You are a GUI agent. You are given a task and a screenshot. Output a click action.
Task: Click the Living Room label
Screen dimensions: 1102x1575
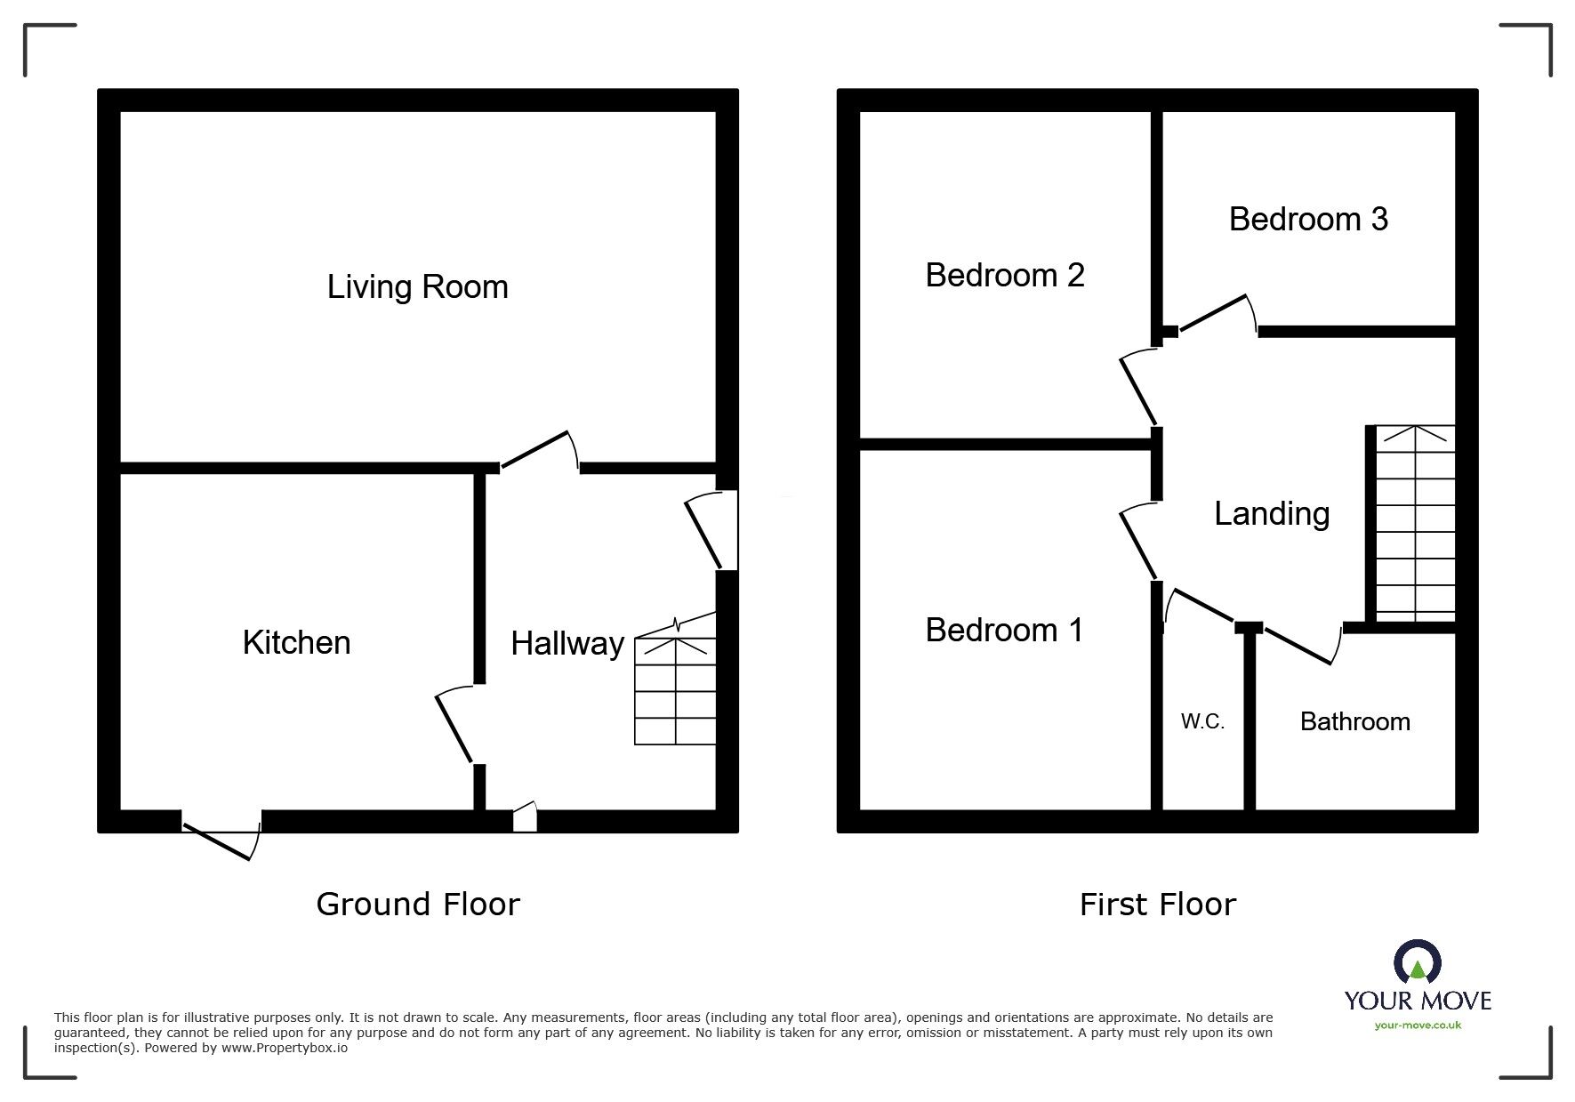click(x=417, y=287)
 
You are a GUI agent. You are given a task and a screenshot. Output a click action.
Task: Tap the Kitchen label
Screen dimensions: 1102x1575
click(x=296, y=643)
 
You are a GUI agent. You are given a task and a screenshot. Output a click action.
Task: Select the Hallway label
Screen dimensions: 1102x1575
click(x=567, y=644)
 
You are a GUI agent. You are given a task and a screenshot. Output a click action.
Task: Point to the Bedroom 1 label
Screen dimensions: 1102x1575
click(x=1004, y=631)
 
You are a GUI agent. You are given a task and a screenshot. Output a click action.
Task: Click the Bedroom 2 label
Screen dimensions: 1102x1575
click(x=1005, y=276)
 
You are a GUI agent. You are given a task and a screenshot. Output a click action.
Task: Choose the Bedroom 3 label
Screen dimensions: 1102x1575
click(x=1308, y=220)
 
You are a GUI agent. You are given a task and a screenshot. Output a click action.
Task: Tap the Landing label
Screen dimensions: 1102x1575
click(x=1272, y=514)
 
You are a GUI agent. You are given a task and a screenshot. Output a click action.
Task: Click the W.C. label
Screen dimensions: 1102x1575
click(x=1202, y=722)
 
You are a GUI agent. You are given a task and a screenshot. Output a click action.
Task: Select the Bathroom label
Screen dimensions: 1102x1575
click(x=1354, y=721)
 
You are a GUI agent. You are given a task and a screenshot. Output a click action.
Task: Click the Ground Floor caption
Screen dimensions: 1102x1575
click(x=417, y=905)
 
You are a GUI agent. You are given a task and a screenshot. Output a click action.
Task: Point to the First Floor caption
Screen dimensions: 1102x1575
click(x=1157, y=905)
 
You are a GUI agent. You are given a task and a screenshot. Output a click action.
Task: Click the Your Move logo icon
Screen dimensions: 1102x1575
click(x=1417, y=962)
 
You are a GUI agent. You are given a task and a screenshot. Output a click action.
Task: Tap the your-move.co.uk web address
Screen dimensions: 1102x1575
click(x=1417, y=1026)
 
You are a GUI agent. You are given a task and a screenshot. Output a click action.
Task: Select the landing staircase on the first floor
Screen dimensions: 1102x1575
click(x=1415, y=525)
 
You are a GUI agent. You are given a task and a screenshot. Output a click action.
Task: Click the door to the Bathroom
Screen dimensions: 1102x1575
click(x=1300, y=644)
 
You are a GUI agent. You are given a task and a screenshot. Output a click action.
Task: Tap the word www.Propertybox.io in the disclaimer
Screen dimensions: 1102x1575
click(x=285, y=1049)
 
